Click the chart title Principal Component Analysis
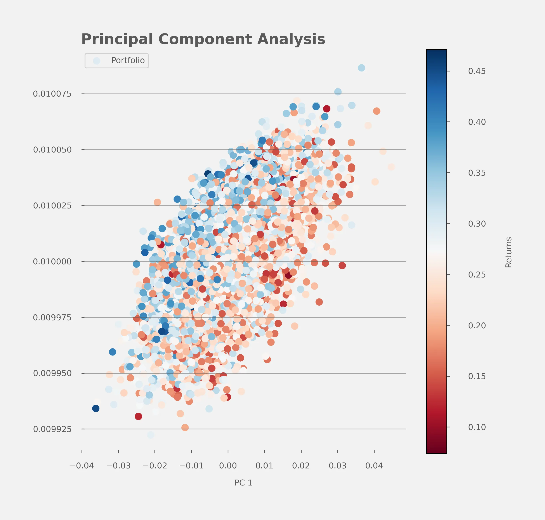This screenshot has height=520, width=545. click(x=203, y=39)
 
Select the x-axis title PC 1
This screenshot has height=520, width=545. click(x=243, y=483)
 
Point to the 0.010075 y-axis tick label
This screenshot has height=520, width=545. click(x=52, y=94)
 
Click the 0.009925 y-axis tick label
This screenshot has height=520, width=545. click(x=52, y=429)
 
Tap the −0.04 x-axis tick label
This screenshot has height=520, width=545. click(x=82, y=466)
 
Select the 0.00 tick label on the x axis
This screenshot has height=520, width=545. click(x=228, y=466)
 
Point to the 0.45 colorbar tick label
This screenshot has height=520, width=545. click(x=477, y=71)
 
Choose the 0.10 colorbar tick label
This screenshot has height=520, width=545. click(x=477, y=427)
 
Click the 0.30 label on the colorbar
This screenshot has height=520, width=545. click(x=477, y=224)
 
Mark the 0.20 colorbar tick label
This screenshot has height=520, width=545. click(x=477, y=325)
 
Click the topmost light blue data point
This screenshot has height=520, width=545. click(x=361, y=68)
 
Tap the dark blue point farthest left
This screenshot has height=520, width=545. click(x=96, y=408)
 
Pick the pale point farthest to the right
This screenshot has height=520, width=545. click(x=391, y=167)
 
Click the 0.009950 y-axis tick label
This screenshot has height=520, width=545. click(x=52, y=373)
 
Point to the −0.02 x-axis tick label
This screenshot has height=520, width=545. click(x=155, y=466)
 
